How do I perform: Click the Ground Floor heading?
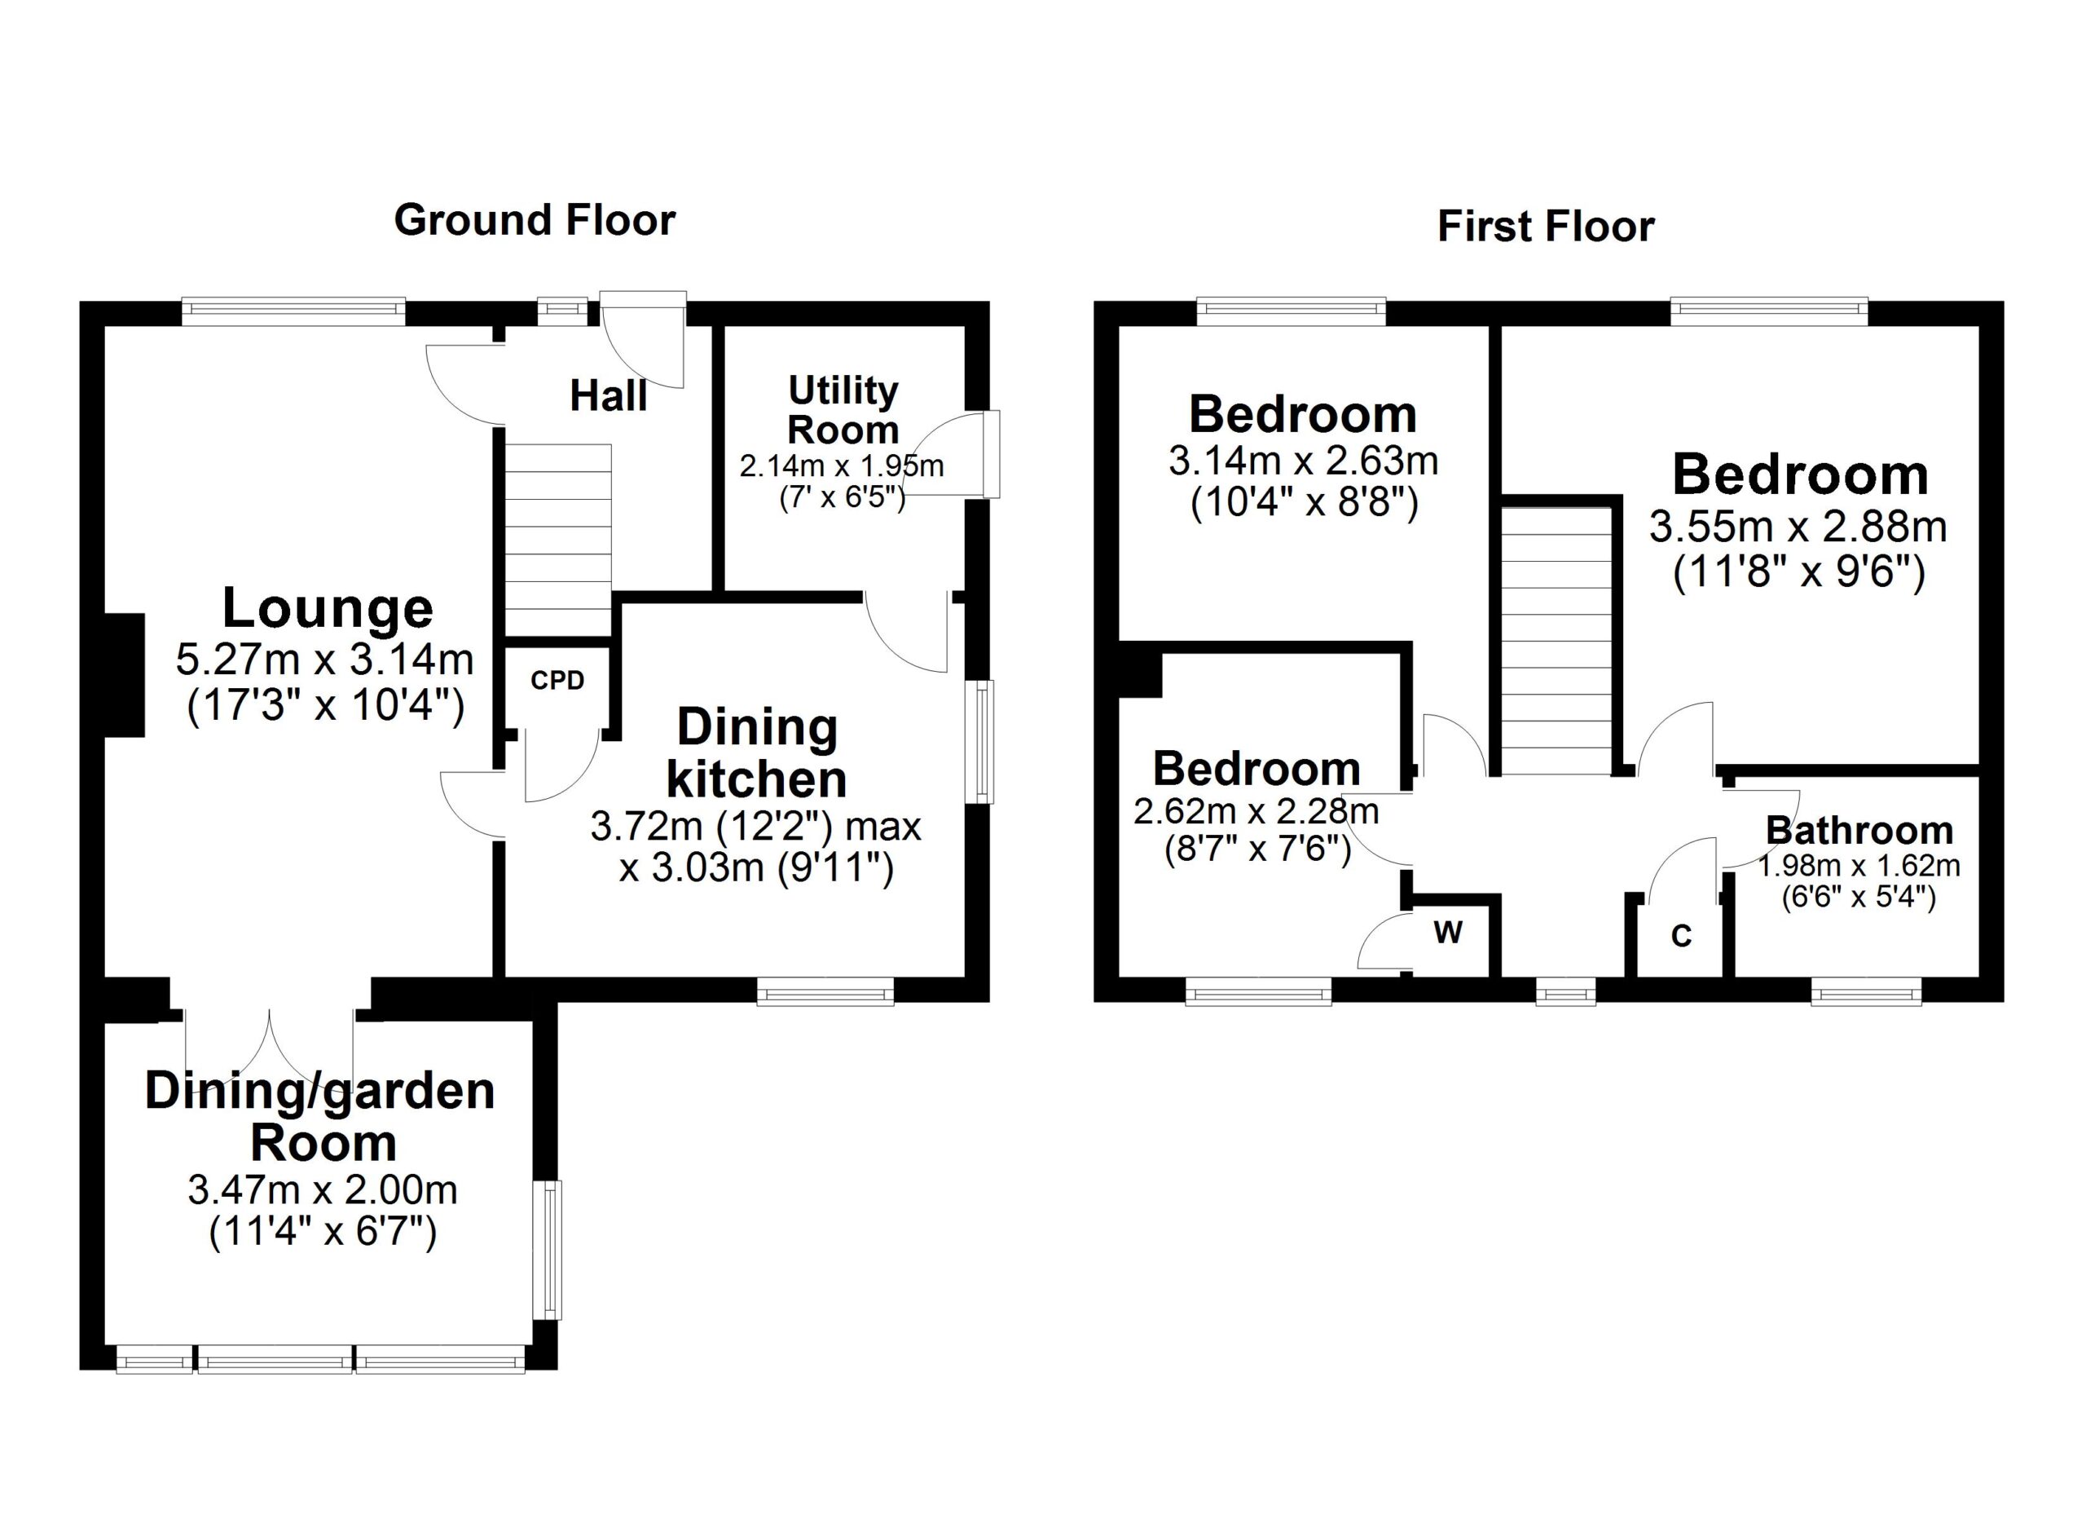[535, 221]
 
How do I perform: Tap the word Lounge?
[328, 608]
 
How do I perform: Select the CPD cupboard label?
[557, 680]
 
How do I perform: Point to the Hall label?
[608, 395]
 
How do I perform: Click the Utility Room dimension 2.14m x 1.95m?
[842, 466]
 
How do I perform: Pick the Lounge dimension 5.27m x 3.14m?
[324, 660]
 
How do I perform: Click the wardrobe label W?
[1448, 933]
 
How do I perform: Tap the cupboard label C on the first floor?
[1681, 937]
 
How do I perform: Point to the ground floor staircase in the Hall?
[558, 538]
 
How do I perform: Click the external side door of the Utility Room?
[957, 456]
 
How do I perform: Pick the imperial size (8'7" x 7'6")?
[1257, 848]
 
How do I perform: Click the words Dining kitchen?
[756, 753]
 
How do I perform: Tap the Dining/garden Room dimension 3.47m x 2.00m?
[323, 1190]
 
